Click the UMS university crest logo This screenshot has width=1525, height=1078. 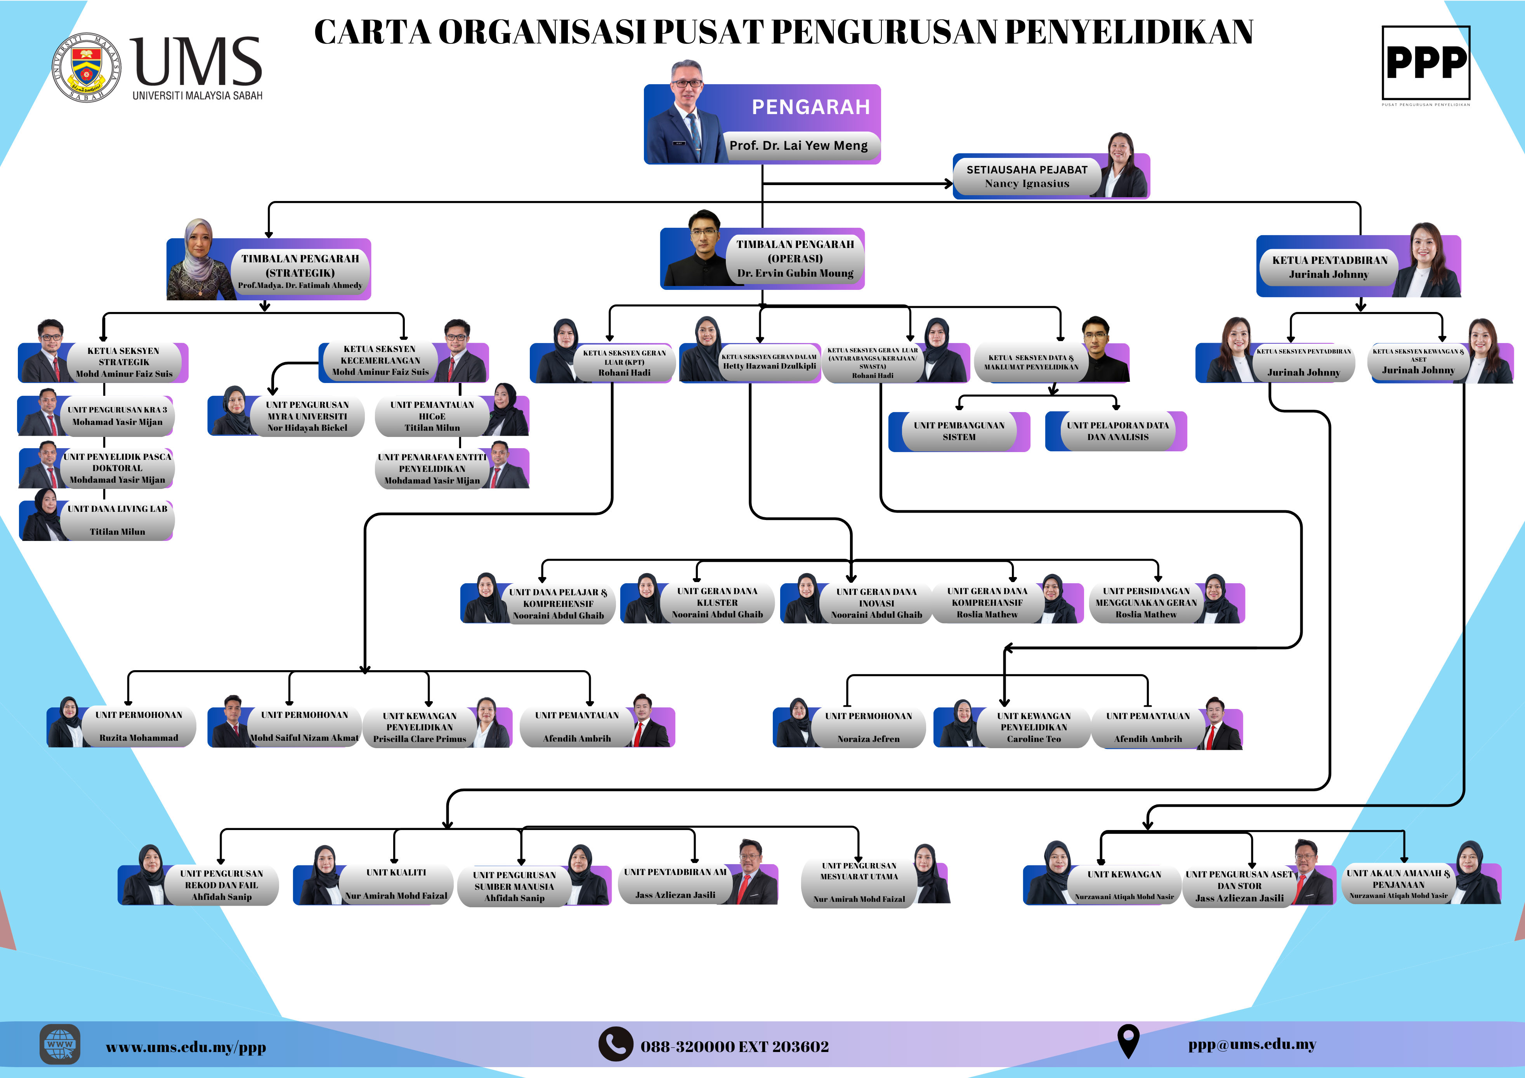86,68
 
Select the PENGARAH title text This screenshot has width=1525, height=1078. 810,107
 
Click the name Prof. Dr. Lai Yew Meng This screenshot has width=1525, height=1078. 798,146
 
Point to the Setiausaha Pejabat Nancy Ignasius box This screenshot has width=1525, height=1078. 1027,177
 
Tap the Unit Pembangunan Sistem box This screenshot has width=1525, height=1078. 959,431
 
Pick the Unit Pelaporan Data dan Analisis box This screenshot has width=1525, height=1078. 1117,431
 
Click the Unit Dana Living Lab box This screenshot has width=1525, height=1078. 117,520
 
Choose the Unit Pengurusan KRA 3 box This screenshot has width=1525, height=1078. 117,416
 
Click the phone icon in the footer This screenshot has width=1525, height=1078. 616,1045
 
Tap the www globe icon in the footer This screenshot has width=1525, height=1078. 60,1045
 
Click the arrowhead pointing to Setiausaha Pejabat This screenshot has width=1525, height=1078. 949,184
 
